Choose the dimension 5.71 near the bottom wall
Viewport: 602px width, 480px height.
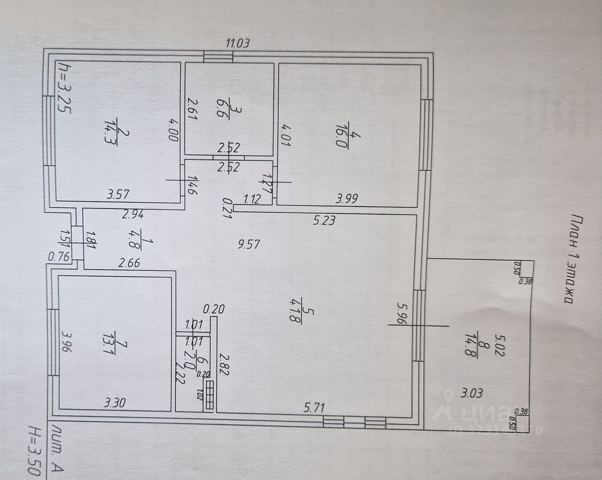(x=315, y=408)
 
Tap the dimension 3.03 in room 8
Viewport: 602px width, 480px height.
(x=471, y=393)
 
